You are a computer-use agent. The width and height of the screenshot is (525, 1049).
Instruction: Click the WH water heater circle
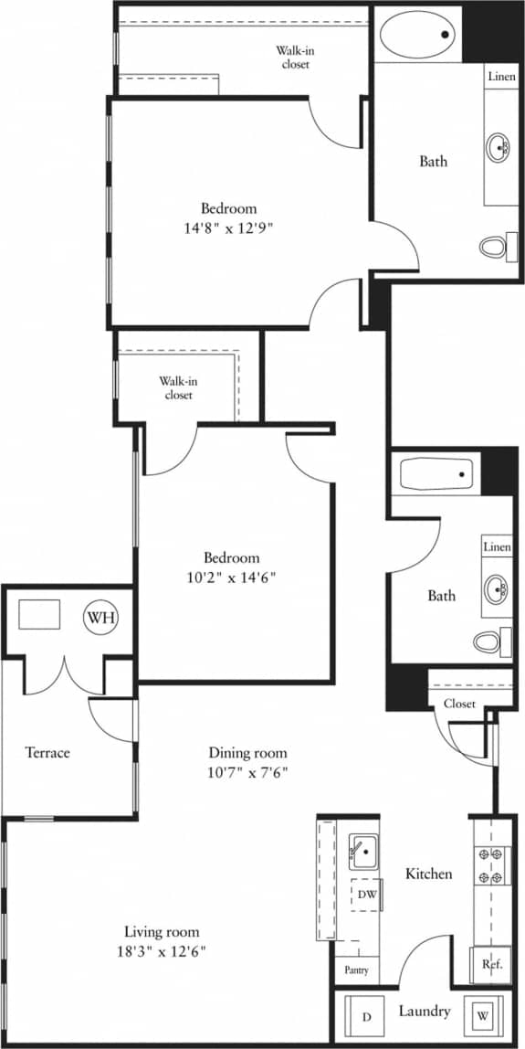pos(100,618)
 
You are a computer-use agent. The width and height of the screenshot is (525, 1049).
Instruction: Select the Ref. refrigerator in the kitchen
pos(490,963)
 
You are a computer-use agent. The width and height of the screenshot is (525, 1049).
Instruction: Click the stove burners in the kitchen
pos(490,866)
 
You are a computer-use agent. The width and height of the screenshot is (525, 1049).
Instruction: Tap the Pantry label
pos(356,970)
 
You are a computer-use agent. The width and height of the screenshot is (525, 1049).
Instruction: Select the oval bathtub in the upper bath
pos(418,37)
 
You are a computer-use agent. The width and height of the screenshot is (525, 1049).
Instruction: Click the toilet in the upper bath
pos(494,246)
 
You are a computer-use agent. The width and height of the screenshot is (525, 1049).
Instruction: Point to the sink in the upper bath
pos(499,146)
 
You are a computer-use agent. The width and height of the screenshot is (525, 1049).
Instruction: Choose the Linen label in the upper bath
pos(500,77)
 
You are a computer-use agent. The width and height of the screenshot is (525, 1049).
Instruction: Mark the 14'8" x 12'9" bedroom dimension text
pos(228,228)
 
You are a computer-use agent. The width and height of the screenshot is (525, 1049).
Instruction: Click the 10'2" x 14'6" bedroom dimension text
pos(231,577)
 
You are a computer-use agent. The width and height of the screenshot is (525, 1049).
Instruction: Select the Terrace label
pos(47,752)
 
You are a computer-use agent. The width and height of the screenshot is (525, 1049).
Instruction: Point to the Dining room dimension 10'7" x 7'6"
pos(247,772)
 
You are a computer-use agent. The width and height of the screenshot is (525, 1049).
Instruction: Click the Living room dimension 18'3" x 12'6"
pos(161,951)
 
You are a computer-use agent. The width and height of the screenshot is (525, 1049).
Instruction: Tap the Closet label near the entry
pos(459,704)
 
